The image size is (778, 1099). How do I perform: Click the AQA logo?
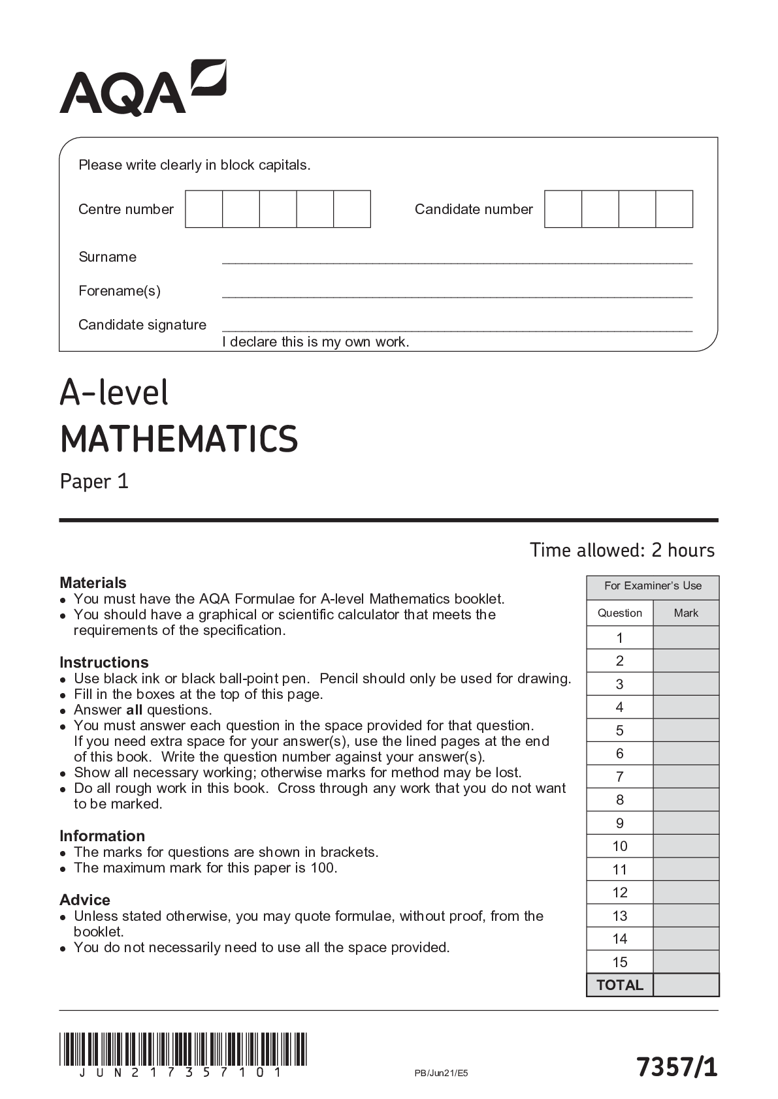pos(143,88)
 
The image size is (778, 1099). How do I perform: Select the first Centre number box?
pos(204,209)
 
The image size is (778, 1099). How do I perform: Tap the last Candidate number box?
pos(674,209)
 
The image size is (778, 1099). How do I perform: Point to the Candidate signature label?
pos(142,324)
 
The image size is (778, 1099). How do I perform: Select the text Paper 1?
pos(94,482)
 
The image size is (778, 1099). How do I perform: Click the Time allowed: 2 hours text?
pos(622,550)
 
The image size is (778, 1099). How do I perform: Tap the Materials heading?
pos(93,582)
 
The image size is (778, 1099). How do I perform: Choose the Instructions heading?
pos(104,662)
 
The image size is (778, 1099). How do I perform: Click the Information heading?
pos(102,835)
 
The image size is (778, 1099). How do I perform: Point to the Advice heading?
pos(85,899)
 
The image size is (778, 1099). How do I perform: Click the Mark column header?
pos(686,613)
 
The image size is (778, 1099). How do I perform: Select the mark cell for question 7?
pos(686,777)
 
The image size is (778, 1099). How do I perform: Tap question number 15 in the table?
pos(620,961)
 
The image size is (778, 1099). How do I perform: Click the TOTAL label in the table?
pos(620,985)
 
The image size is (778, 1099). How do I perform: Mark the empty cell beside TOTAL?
pos(686,985)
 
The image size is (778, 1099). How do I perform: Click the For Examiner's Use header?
pos(653,585)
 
